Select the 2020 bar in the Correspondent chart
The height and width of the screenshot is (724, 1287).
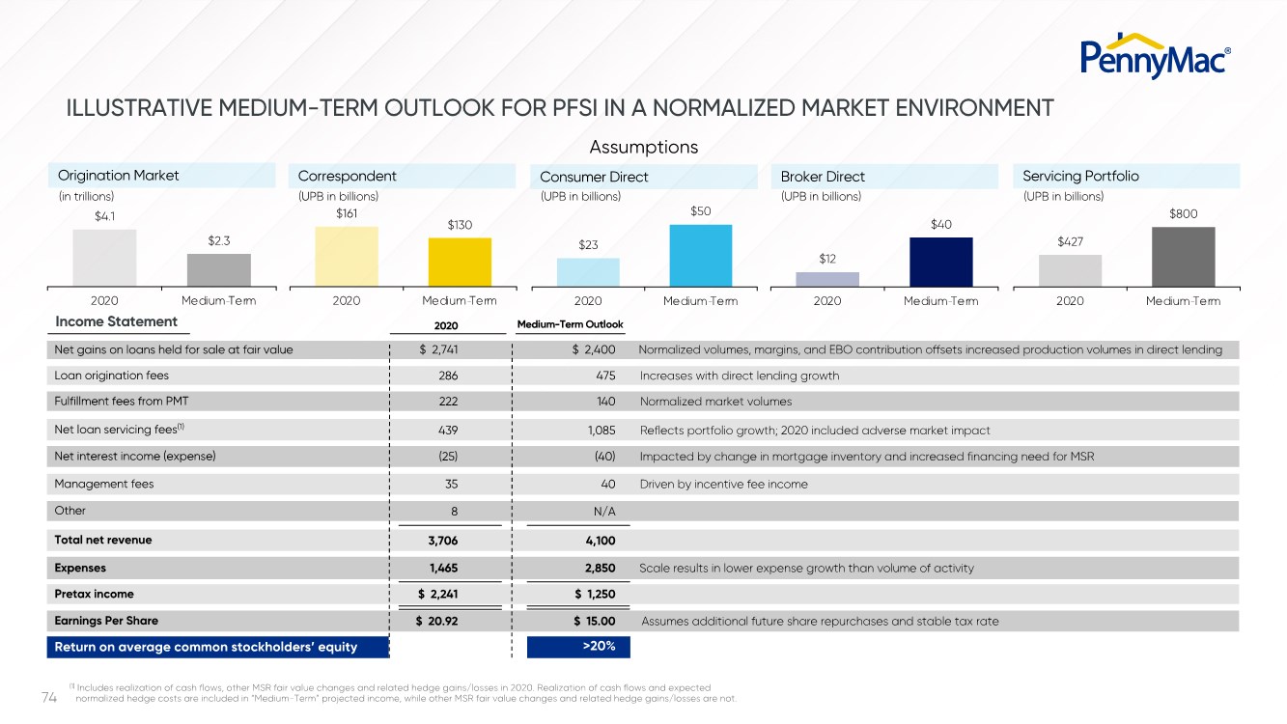pos(347,256)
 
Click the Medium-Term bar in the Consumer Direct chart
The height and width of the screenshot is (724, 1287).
pos(700,255)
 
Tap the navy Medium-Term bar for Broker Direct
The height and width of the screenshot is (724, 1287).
pos(940,261)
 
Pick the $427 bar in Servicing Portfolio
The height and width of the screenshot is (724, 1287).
pos(1070,269)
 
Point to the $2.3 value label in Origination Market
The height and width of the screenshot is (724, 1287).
pos(218,240)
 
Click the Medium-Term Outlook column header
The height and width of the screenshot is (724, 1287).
pos(571,324)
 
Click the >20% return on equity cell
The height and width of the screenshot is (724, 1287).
pos(578,646)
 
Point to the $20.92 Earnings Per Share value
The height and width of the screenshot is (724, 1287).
pos(436,621)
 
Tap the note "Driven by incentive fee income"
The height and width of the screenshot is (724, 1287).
pos(723,484)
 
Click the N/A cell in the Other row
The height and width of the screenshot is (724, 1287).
pos(604,511)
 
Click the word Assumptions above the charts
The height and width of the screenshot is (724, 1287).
pos(643,147)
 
